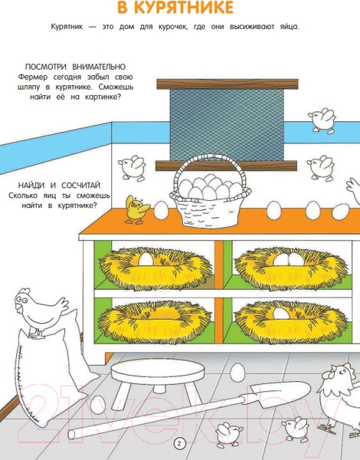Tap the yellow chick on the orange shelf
coord(136,209)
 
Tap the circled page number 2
coord(180,443)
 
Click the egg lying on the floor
coord(237,373)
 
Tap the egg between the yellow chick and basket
coord(161,209)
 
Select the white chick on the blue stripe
coord(325,120)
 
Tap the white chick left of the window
coord(135,165)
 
